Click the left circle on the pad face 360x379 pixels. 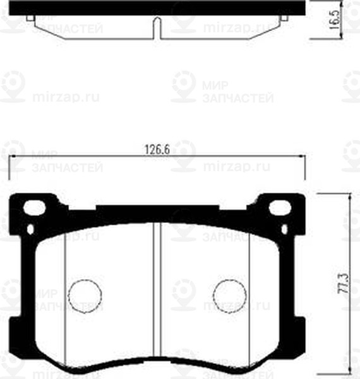[x=84, y=295]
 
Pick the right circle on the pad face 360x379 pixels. [x=230, y=295]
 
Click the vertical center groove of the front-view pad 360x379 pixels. [x=157, y=291]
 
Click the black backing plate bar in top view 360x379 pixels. [x=158, y=7]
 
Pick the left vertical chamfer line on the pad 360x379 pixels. [x=66, y=297]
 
